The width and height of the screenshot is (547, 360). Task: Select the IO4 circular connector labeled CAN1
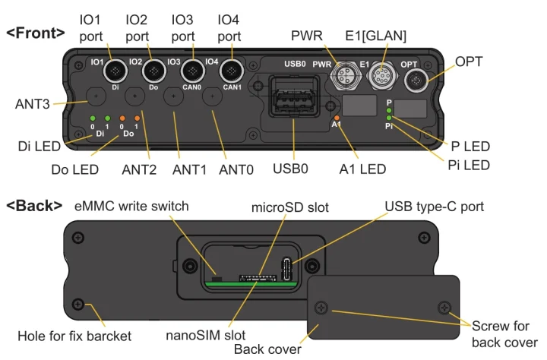pyautogui.click(x=230, y=73)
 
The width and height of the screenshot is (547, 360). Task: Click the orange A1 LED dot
pyautogui.click(x=337, y=118)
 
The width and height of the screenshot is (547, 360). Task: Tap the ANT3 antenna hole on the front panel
pyautogui.click(x=96, y=97)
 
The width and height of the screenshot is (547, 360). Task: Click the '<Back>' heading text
pyautogui.click(x=33, y=205)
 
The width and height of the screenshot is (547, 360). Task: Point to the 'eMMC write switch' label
pyautogui.click(x=131, y=206)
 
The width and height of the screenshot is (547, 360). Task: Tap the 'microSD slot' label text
pyautogui.click(x=290, y=207)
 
